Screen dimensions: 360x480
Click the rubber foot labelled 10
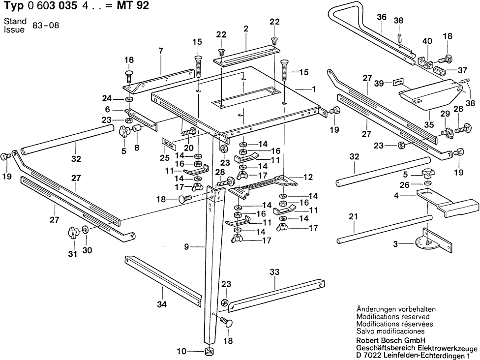210,352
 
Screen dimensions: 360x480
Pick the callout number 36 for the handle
382,17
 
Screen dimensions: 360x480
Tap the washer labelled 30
86,230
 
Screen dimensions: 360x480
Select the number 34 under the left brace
162,305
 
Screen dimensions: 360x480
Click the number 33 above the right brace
274,271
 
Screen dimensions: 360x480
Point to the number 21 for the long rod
353,216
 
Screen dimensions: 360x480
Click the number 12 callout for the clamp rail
308,176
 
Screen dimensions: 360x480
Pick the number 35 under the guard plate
429,124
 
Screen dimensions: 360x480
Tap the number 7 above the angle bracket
160,50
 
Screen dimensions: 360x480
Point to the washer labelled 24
129,99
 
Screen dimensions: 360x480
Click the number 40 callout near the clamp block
427,41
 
